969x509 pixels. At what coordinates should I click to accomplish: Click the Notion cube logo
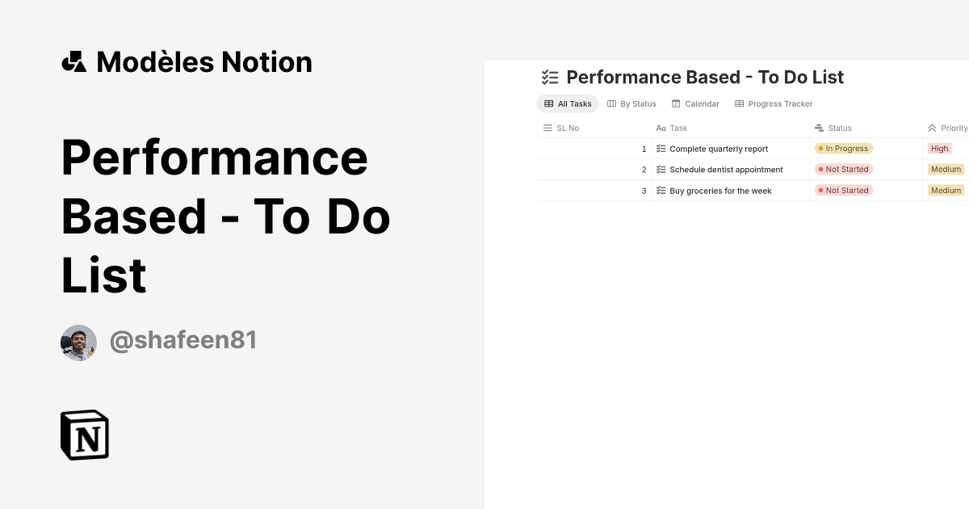pyautogui.click(x=85, y=435)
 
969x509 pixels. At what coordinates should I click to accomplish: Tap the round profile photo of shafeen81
pyautogui.click(x=79, y=343)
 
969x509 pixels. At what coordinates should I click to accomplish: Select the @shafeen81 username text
pyautogui.click(x=183, y=340)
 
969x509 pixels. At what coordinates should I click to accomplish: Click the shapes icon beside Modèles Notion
pyautogui.click(x=74, y=62)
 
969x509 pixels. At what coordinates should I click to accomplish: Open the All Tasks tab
pyautogui.click(x=568, y=104)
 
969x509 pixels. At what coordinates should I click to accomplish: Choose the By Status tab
pyautogui.click(x=631, y=104)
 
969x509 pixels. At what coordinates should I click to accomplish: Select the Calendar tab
pyautogui.click(x=695, y=104)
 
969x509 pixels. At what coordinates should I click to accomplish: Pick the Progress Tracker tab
pyautogui.click(x=774, y=104)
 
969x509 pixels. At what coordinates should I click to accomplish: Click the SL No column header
pyautogui.click(x=561, y=128)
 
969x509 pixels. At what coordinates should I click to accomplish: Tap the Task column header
pyautogui.click(x=671, y=128)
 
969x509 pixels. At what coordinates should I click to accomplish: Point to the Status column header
pyautogui.click(x=833, y=128)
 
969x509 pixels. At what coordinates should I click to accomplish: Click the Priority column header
pyautogui.click(x=947, y=128)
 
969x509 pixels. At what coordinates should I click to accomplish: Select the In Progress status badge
pyautogui.click(x=844, y=149)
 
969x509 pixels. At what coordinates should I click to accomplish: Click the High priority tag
pyautogui.click(x=939, y=149)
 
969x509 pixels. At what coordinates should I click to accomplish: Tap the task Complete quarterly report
pyautogui.click(x=719, y=149)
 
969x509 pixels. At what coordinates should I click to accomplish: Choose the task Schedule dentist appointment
pyautogui.click(x=726, y=170)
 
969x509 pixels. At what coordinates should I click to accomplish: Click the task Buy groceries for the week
pyautogui.click(x=720, y=191)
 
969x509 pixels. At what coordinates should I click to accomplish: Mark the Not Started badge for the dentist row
pyautogui.click(x=844, y=169)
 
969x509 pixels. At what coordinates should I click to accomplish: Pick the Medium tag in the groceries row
pyautogui.click(x=946, y=191)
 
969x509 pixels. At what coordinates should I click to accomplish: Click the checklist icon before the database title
pyautogui.click(x=550, y=78)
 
